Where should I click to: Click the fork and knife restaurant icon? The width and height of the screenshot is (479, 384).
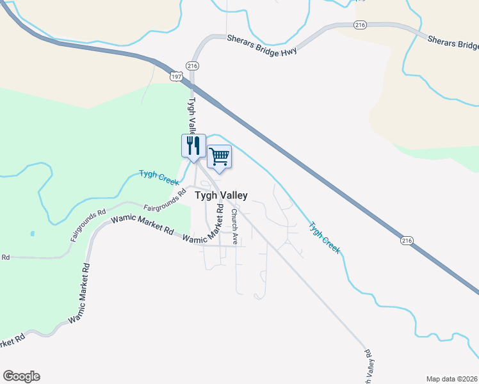(x=193, y=146)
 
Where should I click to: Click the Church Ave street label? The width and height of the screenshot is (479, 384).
(x=235, y=227)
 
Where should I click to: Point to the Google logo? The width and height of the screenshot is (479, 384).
(x=21, y=376)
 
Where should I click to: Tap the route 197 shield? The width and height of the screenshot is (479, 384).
(x=177, y=76)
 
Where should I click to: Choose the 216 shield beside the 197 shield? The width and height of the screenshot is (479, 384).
(x=192, y=66)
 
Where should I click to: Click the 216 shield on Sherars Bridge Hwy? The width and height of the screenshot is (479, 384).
(x=359, y=24)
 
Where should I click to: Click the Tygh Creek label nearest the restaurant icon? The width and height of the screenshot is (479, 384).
(x=159, y=177)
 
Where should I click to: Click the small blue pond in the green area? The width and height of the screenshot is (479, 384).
(x=32, y=234)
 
